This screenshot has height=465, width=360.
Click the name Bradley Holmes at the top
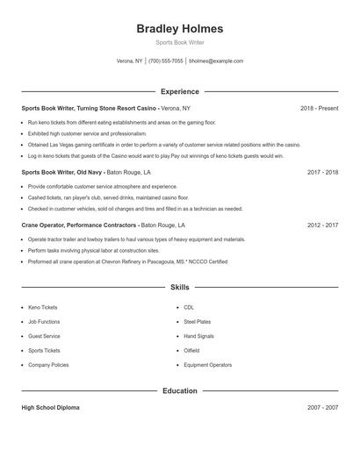pos(180,28)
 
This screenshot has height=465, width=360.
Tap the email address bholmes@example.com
pos(216,61)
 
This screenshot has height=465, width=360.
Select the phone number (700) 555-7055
pos(166,61)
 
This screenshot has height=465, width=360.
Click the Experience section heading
pos(180,91)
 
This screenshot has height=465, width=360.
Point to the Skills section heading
pos(180,287)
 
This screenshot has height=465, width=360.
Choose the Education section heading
pos(180,390)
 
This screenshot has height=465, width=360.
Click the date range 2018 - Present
pos(319,108)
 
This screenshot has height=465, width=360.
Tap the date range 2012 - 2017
pos(322,225)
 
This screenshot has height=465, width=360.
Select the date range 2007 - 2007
pos(322,408)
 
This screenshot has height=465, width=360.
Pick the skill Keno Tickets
pos(44,308)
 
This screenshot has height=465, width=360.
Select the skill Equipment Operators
pos(208,364)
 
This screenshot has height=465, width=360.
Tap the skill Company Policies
pos(48,364)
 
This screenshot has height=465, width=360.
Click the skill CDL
pos(189,308)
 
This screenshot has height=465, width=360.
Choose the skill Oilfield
pos(192,350)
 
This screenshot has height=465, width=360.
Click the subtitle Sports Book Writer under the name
pos(180,42)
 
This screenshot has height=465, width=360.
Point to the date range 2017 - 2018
pos(322,173)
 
